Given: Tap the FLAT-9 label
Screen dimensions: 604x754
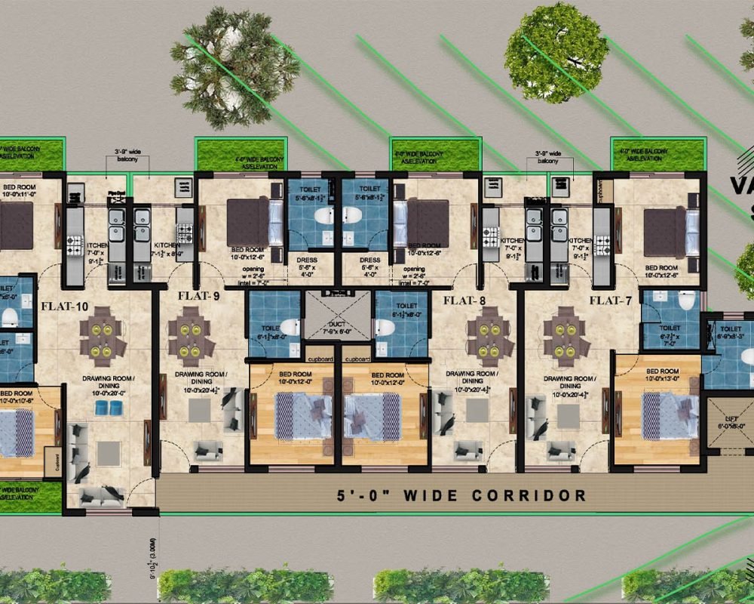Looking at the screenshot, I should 198,295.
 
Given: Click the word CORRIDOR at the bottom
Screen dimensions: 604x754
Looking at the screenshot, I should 529,496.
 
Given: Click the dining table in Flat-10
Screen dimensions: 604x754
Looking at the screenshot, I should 103,337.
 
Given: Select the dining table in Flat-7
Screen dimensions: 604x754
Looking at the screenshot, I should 567,336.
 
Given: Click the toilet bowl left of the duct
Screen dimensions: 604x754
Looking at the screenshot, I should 293,328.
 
